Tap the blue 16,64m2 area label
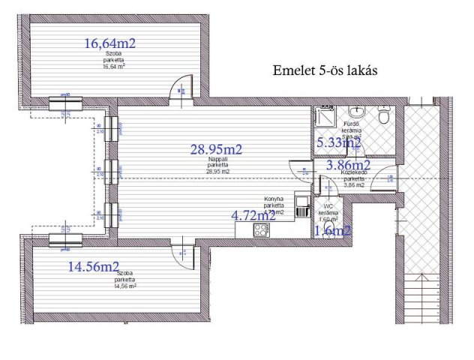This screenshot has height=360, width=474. click(x=109, y=44)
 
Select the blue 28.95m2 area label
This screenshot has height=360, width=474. click(x=216, y=149)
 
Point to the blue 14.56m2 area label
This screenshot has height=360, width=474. click(x=94, y=266)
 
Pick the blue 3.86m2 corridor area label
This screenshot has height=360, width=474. click(x=346, y=165)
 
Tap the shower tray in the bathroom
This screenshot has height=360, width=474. click(x=325, y=119)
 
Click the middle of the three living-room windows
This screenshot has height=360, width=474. click(x=112, y=170)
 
